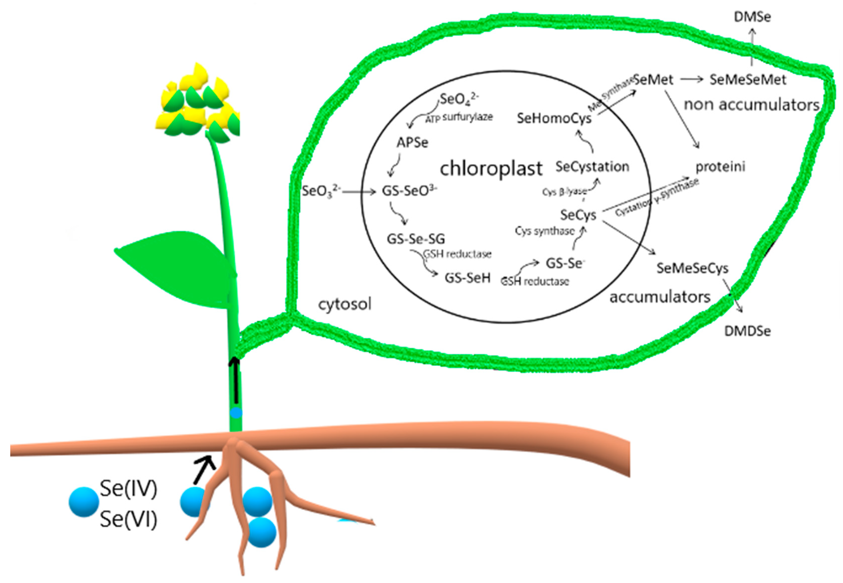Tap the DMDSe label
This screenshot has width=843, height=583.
(x=747, y=331)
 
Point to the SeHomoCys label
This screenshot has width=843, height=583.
(x=554, y=118)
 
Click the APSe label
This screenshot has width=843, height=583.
(x=412, y=142)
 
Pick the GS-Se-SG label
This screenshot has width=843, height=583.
(x=416, y=239)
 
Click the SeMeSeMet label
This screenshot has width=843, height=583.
(x=747, y=80)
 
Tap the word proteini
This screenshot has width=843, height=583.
(x=720, y=167)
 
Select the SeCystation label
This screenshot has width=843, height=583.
(x=592, y=167)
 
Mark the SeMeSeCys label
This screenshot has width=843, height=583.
(x=692, y=268)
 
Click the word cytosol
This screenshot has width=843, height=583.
(x=344, y=304)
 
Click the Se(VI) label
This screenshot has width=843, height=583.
(x=129, y=519)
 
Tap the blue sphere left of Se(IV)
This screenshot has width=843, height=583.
(x=84, y=502)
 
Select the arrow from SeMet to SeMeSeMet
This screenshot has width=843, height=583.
(x=691, y=79)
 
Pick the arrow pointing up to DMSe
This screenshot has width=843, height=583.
(x=752, y=48)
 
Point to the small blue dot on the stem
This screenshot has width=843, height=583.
(x=236, y=413)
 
